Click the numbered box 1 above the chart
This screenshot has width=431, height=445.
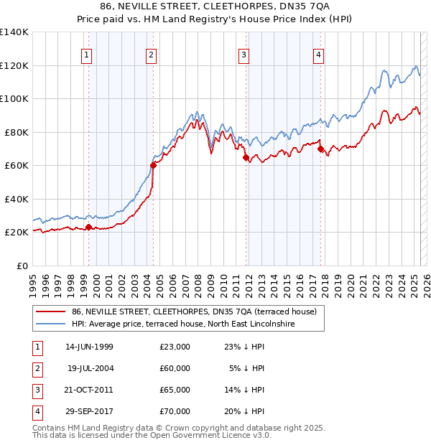(x=87, y=54)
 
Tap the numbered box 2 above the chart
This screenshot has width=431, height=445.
(x=152, y=54)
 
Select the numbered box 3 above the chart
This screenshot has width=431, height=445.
(x=244, y=54)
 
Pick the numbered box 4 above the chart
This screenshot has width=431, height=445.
(x=318, y=54)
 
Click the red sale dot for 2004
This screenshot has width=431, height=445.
(x=153, y=165)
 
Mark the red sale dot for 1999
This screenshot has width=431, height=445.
(x=89, y=228)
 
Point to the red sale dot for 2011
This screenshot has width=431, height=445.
(x=246, y=157)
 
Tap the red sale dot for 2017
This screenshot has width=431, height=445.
(x=321, y=149)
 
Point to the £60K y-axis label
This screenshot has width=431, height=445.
(x=17, y=165)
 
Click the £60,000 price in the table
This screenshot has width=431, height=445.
(x=175, y=368)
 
